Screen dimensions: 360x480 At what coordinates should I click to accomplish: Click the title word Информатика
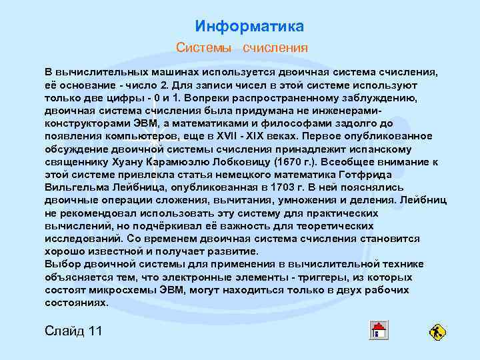coord(249,27)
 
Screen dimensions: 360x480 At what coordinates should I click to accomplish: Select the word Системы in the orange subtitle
coord(203,48)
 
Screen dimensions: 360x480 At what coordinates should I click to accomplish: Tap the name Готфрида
coord(409,175)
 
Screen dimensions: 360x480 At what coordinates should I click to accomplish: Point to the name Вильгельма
coord(74,188)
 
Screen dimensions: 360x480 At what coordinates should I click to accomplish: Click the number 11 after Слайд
coord(95,331)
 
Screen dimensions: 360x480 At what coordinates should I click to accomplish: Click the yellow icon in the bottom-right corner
coord(438,331)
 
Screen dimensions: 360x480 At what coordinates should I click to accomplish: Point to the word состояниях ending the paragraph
coord(76,303)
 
